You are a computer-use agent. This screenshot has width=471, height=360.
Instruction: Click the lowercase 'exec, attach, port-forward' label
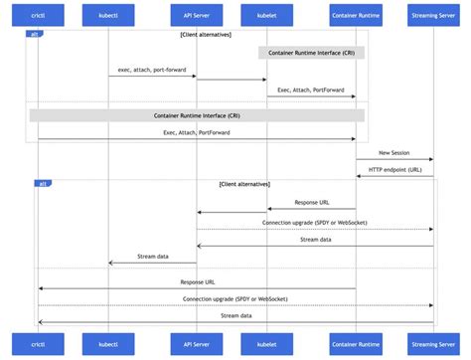pos(152,71)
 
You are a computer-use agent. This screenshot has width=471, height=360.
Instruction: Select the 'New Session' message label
pos(394,153)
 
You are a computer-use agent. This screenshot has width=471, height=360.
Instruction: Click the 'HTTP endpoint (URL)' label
pos(394,169)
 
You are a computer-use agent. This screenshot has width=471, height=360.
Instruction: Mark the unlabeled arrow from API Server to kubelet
pos(231,79)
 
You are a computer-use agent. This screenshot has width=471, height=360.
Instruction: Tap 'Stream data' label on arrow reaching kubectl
pos(152,257)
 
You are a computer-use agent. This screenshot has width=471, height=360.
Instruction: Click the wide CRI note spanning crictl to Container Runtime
pos(196,115)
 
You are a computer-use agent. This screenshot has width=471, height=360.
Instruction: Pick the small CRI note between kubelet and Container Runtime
pos(311,53)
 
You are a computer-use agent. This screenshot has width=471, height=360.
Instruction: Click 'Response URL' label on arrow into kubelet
pos(311,203)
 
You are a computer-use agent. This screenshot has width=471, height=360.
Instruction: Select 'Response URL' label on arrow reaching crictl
pos(196,282)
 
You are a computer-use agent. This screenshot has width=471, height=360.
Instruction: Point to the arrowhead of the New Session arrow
pos(431,159)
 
